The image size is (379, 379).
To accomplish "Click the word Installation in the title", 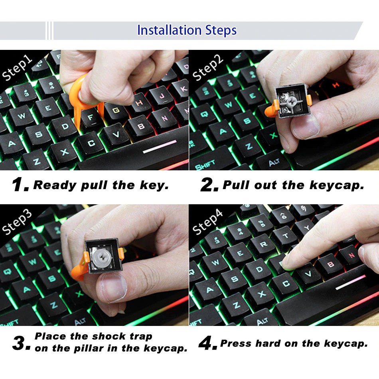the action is click(169, 30).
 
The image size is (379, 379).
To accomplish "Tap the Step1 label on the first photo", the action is click(17, 68).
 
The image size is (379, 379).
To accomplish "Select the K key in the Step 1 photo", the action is click(182, 89).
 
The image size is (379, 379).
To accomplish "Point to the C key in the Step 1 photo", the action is click(91, 143).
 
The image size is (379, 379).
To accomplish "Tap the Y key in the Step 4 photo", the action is click(307, 227).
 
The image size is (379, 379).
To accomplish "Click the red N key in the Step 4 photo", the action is click(352, 255).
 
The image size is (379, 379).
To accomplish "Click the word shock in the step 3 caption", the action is click(109, 336).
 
